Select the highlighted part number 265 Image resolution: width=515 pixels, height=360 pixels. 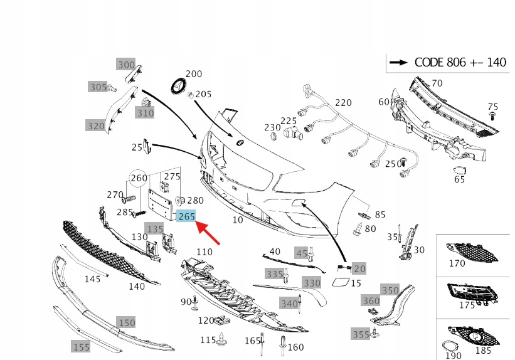click(x=187, y=216)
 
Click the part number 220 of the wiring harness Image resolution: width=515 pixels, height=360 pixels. click(x=343, y=102)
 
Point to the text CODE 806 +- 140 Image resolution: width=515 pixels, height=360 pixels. click(x=460, y=62)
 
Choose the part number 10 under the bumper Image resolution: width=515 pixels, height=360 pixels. click(x=238, y=220)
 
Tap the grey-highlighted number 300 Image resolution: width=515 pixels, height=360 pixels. click(x=126, y=65)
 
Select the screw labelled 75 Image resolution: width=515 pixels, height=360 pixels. click(x=494, y=117)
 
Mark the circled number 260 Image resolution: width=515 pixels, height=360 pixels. click(x=139, y=178)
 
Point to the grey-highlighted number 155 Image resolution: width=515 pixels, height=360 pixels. click(x=81, y=346)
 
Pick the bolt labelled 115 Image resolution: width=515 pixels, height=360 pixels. click(x=222, y=340)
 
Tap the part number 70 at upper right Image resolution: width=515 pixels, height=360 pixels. click(x=437, y=83)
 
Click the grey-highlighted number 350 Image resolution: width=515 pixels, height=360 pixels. click(x=390, y=290)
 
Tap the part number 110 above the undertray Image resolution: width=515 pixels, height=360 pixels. click(x=204, y=251)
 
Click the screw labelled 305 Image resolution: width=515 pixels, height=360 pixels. click(x=112, y=88)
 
